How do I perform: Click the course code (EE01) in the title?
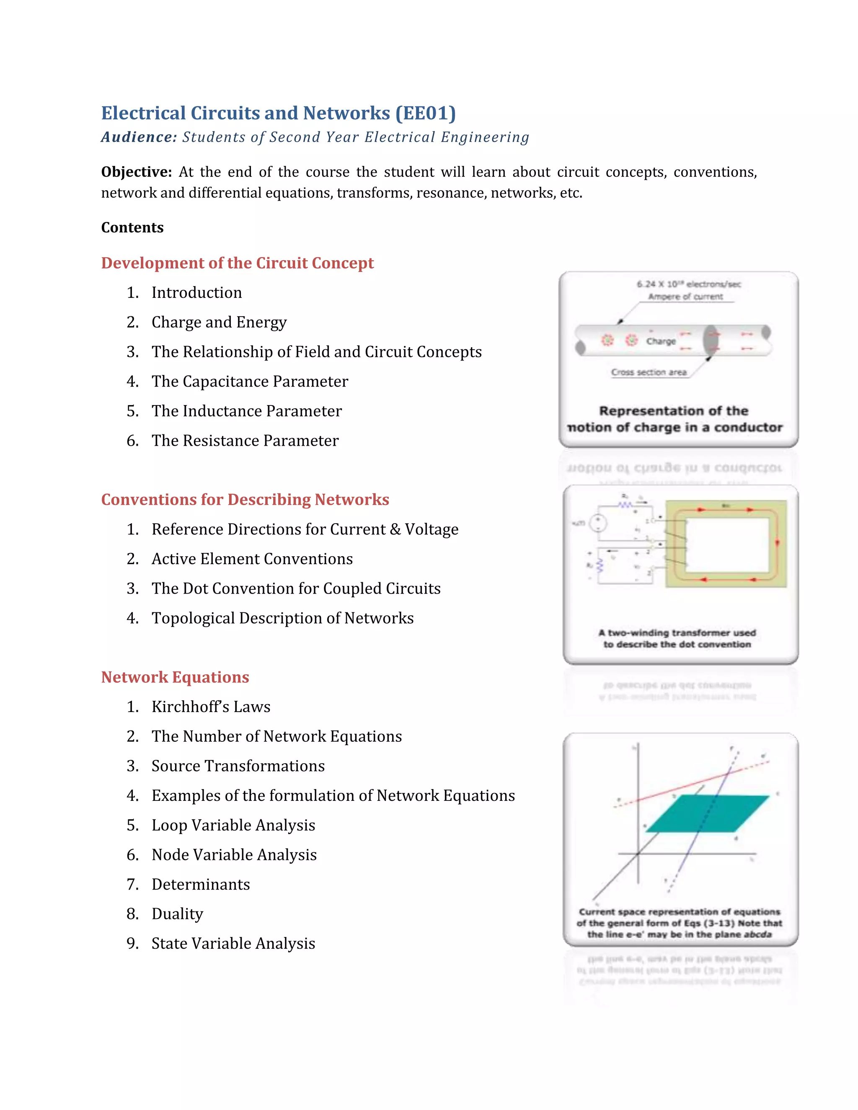tap(426, 113)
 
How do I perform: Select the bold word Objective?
tap(136, 172)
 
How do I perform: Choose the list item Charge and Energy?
tap(219, 322)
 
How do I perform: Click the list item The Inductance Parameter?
tap(246, 410)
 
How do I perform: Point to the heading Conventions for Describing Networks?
tap(245, 500)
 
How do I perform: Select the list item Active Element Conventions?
tap(252, 558)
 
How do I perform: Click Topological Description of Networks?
tap(283, 618)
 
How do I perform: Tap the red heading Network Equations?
tap(175, 677)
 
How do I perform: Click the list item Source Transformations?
tap(238, 766)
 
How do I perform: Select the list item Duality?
tap(177, 914)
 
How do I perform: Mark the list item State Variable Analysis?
tap(233, 943)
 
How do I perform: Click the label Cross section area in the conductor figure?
tap(649, 372)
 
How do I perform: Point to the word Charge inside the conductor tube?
tap(661, 341)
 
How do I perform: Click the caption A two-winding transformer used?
tap(677, 633)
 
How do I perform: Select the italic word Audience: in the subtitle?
tap(139, 137)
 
